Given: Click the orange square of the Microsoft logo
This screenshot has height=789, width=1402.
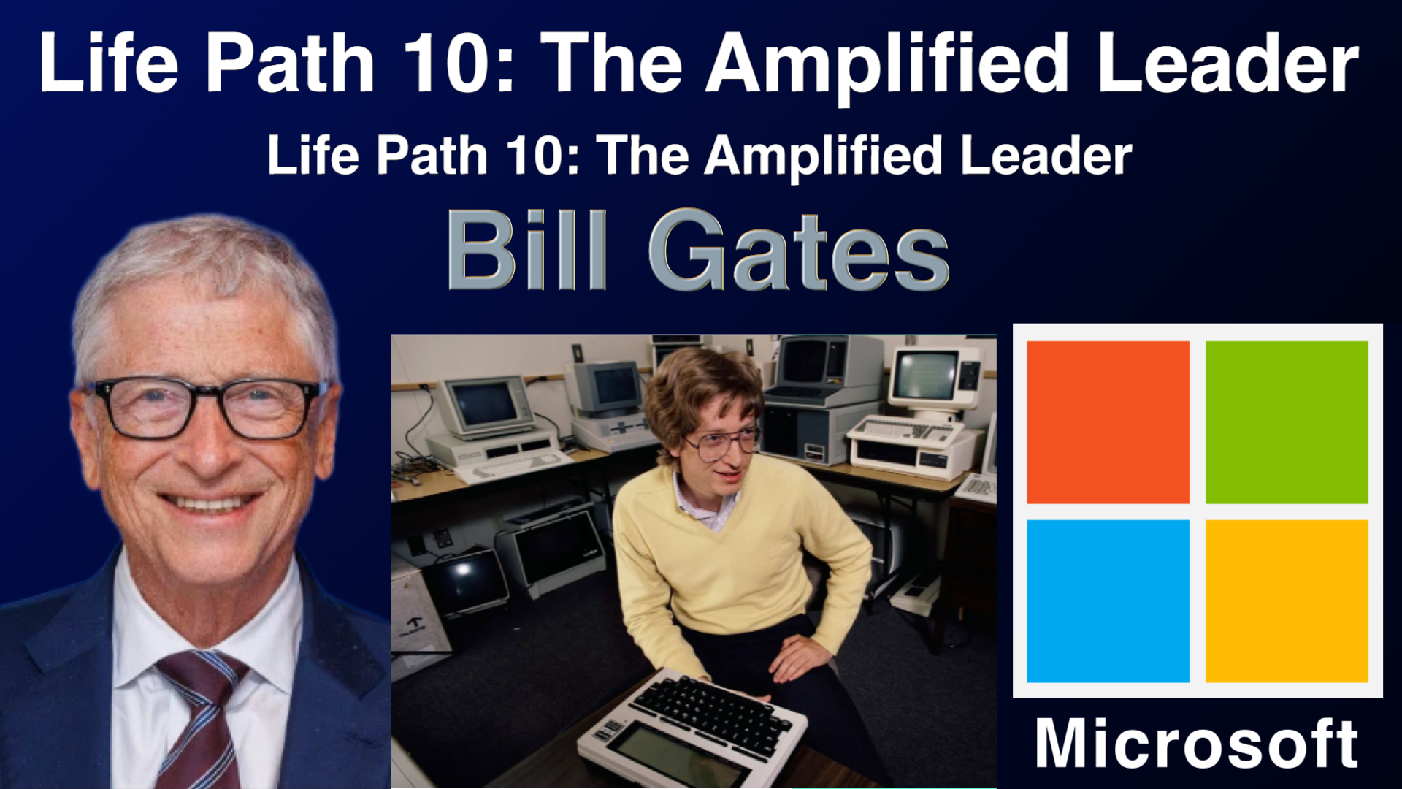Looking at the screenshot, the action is point(1108,422).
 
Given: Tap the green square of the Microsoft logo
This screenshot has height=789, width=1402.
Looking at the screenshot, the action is point(1287,422).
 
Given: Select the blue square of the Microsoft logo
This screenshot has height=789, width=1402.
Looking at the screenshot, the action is point(1108,601).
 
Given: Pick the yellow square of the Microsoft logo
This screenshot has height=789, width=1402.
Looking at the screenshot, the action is point(1287,601).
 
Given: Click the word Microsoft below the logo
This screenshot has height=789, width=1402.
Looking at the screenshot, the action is point(1197,743).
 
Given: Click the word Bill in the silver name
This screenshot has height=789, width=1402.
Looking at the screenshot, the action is point(526,250).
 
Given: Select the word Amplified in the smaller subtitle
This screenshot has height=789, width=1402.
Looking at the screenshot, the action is point(823,157).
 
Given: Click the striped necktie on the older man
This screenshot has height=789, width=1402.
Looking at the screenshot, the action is point(201,720).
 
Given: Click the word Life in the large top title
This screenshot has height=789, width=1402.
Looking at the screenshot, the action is point(109,63).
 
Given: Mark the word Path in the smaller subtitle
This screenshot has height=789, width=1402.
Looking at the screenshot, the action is point(432,156).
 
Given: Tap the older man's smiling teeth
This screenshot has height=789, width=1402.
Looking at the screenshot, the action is point(208,503).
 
